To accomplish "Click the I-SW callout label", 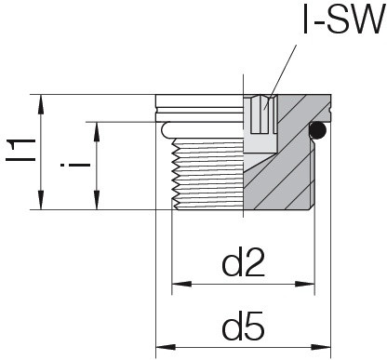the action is pyautogui.click(x=343, y=20).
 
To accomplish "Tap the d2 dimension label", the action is pyautogui.click(x=244, y=262).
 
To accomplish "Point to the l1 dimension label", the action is pyautogui.click(x=21, y=150).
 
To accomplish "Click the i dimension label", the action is pyautogui.click(x=75, y=165).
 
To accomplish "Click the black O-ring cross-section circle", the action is pyautogui.click(x=317, y=130).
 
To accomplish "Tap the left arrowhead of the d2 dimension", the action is pyautogui.click(x=181, y=284).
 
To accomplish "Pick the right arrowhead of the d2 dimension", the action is pyautogui.click(x=305, y=284).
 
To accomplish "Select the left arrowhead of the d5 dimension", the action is pyautogui.click(x=166, y=347).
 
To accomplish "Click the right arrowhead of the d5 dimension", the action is pyautogui.click(x=321, y=347).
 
